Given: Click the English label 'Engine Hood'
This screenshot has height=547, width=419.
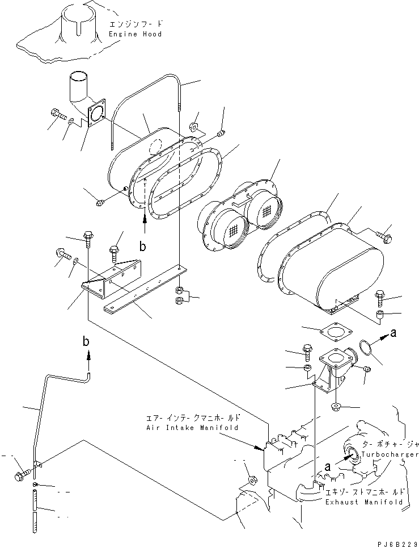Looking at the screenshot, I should click(135, 34).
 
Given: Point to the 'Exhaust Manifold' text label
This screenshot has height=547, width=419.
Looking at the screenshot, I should click(364, 502).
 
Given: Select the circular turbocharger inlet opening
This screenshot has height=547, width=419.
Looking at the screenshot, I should click(350, 453).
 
